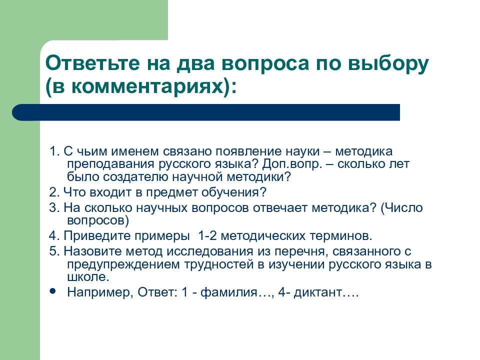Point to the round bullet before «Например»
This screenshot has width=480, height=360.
(53, 290)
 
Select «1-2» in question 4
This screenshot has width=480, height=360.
(208, 235)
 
